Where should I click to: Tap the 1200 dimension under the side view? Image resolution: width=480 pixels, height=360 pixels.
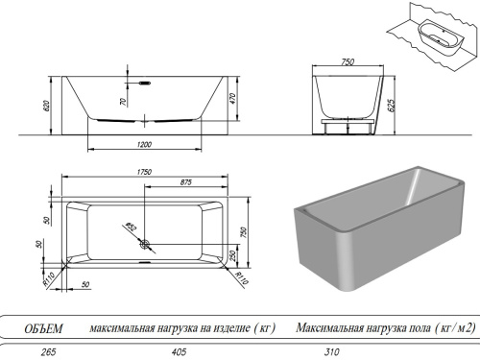point(143,144)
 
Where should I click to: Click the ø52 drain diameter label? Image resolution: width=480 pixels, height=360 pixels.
point(131,228)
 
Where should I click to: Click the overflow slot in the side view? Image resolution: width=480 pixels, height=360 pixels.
point(144,83)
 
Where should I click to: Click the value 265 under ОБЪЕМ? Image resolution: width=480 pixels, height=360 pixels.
point(37,352)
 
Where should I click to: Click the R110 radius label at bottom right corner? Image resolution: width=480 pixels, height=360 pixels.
point(240,276)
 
